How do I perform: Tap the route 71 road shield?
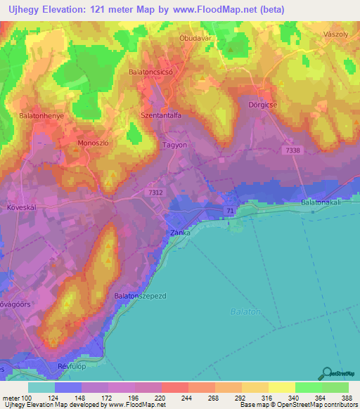pos(230,211)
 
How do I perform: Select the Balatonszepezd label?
pos(141,297)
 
